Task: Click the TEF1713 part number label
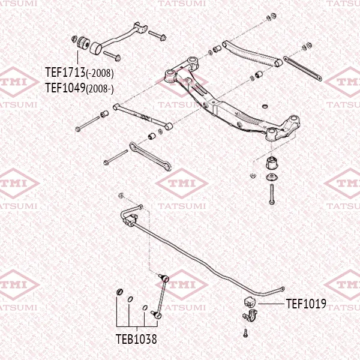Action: click(65, 73)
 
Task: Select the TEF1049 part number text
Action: click(65, 88)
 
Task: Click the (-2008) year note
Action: click(100, 74)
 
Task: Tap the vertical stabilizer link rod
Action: click(161, 294)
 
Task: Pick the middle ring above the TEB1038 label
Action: click(130, 298)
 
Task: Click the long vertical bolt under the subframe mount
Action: click(271, 194)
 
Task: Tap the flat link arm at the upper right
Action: click(304, 68)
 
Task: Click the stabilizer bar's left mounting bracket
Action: click(129, 217)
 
